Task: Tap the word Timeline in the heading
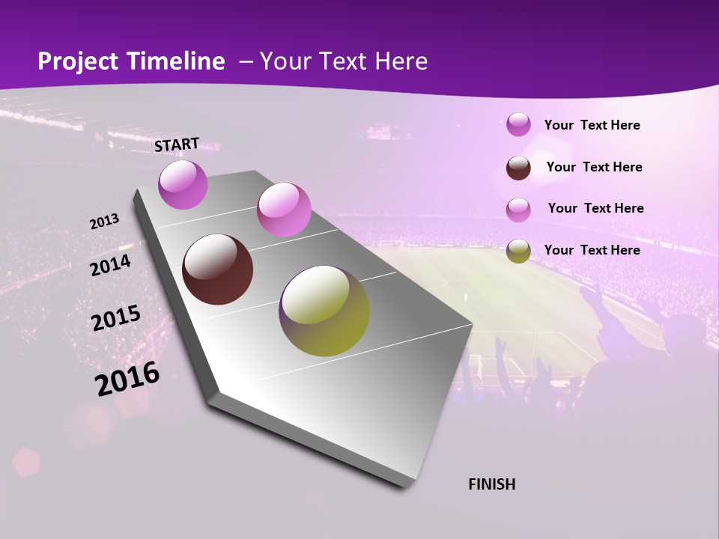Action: [177, 61]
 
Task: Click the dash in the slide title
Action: [245, 62]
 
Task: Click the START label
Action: [177, 144]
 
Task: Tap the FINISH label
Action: [491, 484]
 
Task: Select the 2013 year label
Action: [104, 222]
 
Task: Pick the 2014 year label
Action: [110, 266]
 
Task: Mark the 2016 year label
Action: [127, 379]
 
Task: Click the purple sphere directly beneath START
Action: [183, 184]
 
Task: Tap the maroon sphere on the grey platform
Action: [217, 269]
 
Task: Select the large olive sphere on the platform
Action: [324, 311]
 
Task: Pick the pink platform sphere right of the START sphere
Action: [284, 210]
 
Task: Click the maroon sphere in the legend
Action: [518, 168]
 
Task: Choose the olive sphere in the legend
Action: [518, 251]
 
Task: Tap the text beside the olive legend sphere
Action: [592, 250]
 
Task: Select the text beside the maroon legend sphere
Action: [594, 167]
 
